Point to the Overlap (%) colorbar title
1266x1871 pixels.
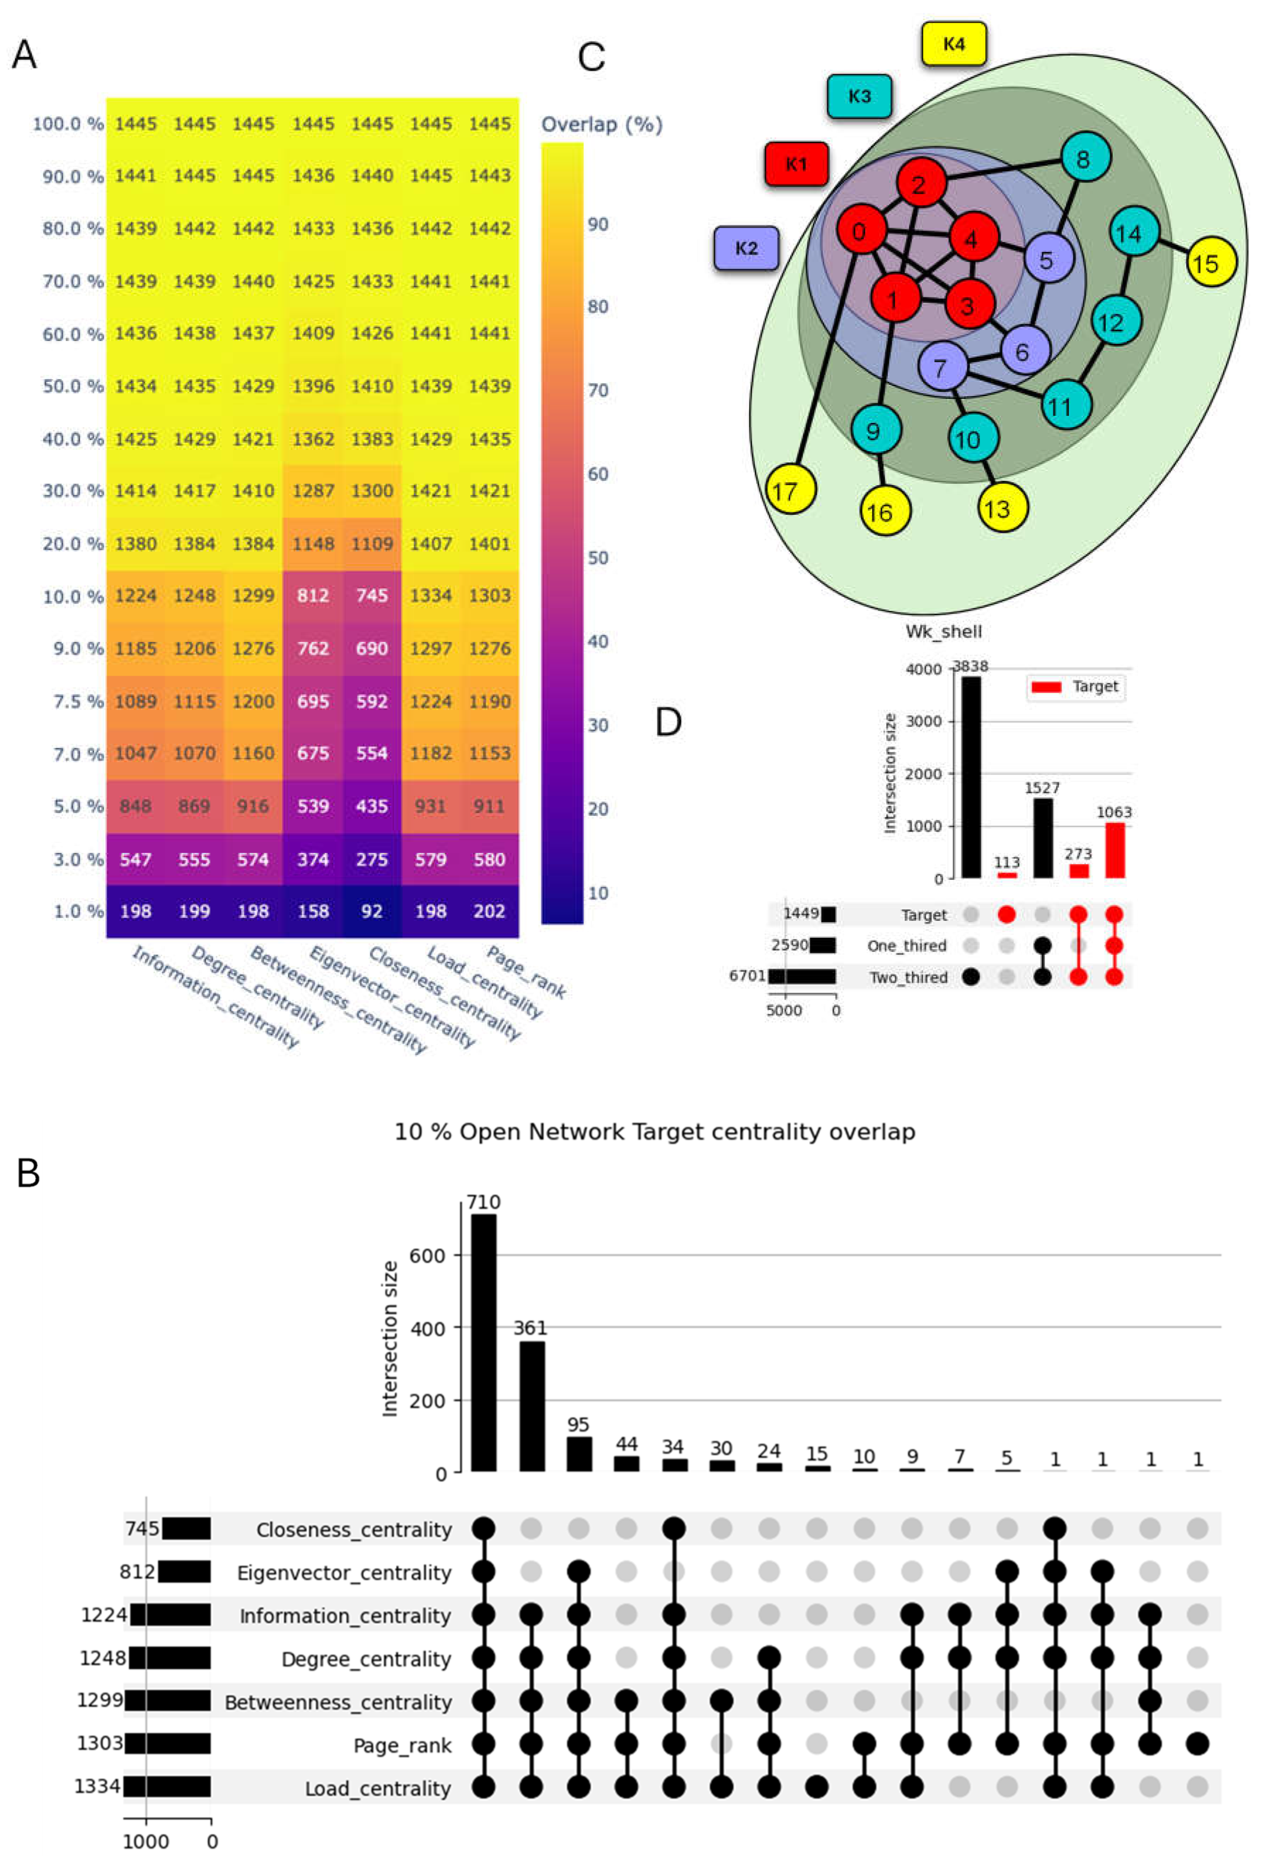(x=601, y=125)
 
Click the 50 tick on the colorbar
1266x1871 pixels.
(x=597, y=557)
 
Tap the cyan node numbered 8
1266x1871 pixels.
(x=1084, y=158)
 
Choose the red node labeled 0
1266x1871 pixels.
(x=860, y=232)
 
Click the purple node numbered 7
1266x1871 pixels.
(x=940, y=368)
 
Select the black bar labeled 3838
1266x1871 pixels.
(x=971, y=777)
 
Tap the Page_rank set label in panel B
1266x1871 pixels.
(x=402, y=1746)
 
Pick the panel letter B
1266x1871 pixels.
(x=28, y=1173)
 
